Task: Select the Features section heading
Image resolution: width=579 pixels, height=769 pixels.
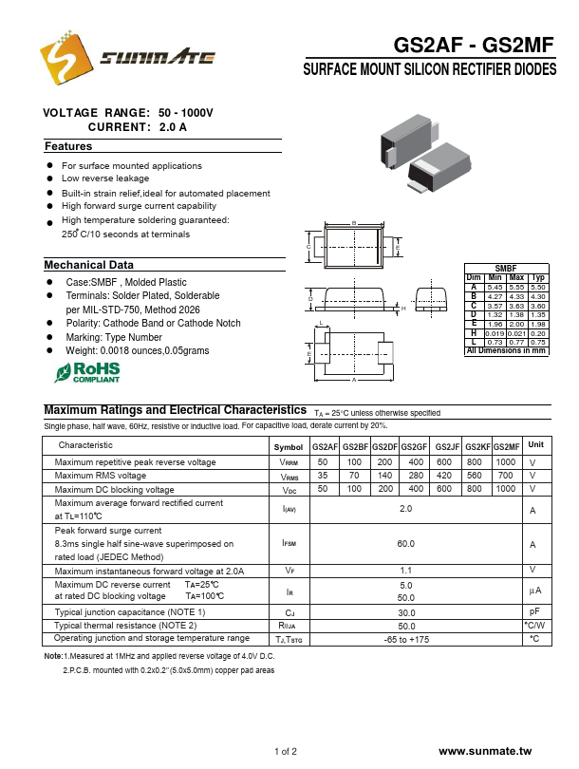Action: click(69, 147)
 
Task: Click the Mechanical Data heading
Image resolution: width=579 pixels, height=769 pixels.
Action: click(89, 265)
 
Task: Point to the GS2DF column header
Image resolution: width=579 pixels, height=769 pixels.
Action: click(384, 446)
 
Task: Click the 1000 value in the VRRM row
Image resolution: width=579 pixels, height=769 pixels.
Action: click(505, 462)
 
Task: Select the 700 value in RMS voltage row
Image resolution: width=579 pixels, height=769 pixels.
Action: click(505, 476)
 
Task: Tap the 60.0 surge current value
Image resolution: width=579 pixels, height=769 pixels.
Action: click(405, 544)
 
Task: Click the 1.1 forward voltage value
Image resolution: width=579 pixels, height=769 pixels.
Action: click(405, 570)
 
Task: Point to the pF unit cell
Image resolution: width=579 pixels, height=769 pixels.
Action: click(535, 612)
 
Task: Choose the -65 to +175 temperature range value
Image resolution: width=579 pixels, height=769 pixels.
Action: click(405, 639)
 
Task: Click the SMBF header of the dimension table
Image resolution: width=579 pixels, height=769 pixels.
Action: click(506, 270)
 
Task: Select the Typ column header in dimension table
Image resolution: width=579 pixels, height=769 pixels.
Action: click(537, 278)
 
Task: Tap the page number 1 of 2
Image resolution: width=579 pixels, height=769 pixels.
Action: click(286, 751)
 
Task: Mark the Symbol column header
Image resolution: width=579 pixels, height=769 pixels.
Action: click(289, 446)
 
